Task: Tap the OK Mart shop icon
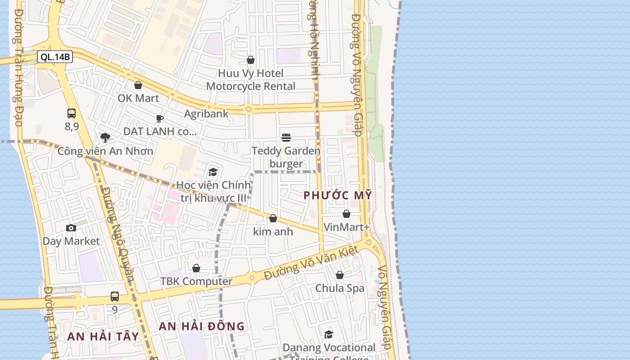(x=138, y=85)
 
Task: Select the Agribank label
(x=206, y=113)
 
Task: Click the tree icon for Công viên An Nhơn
(x=105, y=137)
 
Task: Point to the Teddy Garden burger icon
(x=286, y=137)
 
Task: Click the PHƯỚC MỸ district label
(x=337, y=195)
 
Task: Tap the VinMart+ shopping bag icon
(x=346, y=214)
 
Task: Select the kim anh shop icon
(x=273, y=218)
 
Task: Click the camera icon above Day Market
(x=71, y=228)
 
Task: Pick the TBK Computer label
(x=196, y=281)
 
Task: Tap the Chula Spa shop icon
(x=340, y=275)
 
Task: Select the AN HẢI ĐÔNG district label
(x=202, y=326)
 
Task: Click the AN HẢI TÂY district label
(x=103, y=336)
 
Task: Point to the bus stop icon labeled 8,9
(x=72, y=113)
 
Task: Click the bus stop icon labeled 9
(x=115, y=297)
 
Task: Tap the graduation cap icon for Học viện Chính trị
(x=213, y=171)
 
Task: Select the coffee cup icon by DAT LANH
(x=159, y=118)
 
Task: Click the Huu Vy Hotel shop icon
(x=251, y=60)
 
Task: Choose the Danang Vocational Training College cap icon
(x=328, y=334)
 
